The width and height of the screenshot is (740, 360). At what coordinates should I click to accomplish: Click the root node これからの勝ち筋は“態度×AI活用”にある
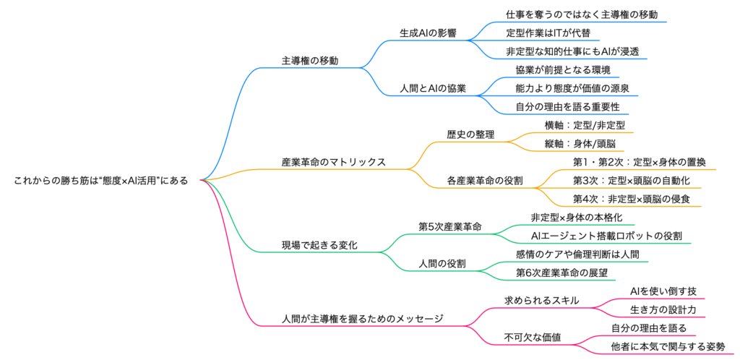click(x=100, y=181)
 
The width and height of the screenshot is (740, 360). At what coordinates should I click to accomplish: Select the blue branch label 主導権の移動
click(x=310, y=60)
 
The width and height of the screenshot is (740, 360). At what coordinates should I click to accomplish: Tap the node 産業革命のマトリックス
click(x=333, y=161)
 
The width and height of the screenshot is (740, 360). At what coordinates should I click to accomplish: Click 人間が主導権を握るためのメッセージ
click(x=362, y=318)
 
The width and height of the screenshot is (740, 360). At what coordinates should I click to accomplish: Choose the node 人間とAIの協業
click(x=433, y=88)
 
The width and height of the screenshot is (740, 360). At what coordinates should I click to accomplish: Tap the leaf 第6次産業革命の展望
click(x=562, y=273)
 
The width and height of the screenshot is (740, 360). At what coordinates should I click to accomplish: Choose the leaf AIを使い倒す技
click(x=663, y=291)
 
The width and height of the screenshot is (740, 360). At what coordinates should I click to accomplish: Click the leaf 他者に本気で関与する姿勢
click(x=668, y=346)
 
